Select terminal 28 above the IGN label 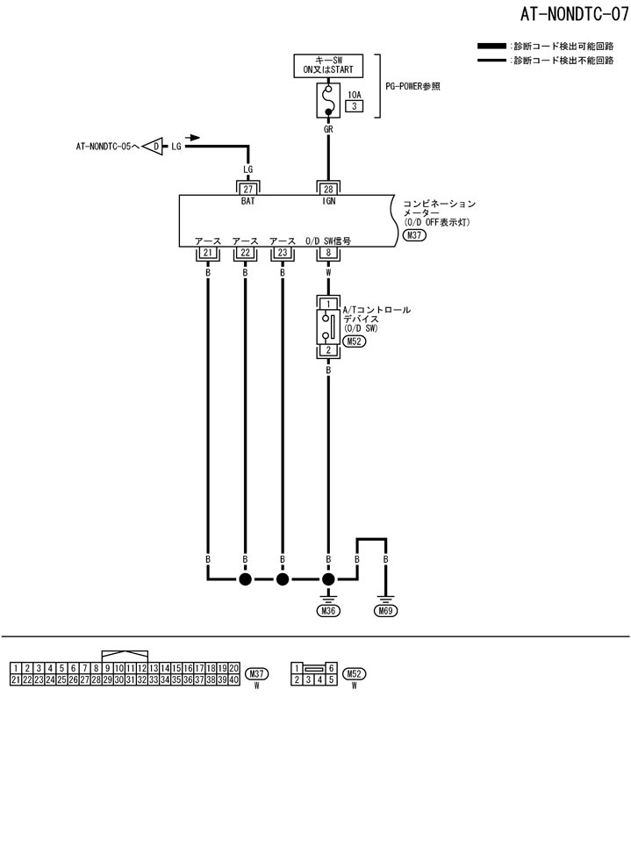328,188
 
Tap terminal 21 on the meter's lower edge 208,253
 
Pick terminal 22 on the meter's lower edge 245,253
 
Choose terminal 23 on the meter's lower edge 282,253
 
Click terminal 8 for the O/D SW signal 328,253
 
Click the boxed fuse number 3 355,106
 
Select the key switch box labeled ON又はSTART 328,66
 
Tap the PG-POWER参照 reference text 412,86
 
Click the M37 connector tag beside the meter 413,236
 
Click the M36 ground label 328,611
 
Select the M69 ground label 384,611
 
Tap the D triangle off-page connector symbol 155,147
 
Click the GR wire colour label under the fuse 328,128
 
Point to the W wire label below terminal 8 328,272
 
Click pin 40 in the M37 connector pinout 233,679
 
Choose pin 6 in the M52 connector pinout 331,669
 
